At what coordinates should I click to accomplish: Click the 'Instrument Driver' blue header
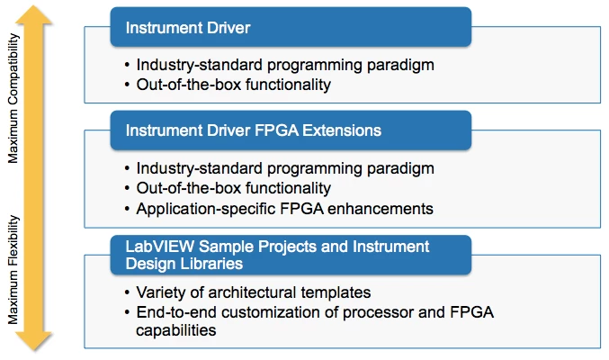[291, 27]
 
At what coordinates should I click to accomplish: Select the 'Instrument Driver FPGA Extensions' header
[291, 130]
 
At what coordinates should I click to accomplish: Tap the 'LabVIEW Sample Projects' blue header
[291, 255]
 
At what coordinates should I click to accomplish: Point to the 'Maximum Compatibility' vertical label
[13, 98]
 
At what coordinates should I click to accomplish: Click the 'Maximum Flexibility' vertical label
[13, 269]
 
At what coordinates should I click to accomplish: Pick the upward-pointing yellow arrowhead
[33, 15]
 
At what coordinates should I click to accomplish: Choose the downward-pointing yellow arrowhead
[33, 341]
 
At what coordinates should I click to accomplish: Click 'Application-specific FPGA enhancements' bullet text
[284, 209]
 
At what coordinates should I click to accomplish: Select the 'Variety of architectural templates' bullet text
[254, 292]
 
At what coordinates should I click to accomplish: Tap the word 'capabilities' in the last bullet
[176, 330]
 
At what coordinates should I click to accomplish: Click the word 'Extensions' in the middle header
[342, 130]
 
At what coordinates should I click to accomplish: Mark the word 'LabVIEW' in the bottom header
[159, 247]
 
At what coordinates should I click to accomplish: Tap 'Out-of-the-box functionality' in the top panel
[233, 85]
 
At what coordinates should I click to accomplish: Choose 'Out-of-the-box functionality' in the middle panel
[233, 188]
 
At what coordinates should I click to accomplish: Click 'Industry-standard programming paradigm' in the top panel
[285, 65]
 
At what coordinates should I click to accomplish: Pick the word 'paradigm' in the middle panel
[400, 168]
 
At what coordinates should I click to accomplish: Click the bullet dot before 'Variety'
[127, 292]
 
